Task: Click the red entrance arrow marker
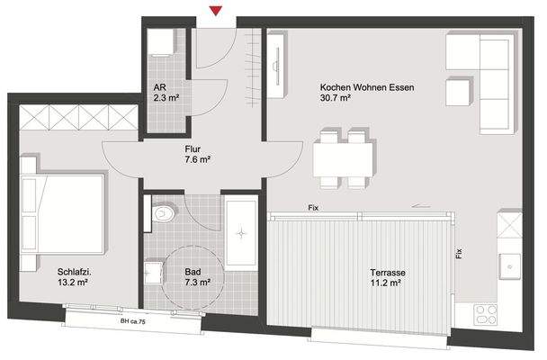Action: click(x=215, y=11)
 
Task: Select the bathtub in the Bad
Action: click(x=241, y=232)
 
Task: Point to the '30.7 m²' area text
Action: click(x=335, y=100)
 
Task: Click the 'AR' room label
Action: click(x=158, y=87)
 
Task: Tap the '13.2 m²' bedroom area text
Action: click(x=72, y=282)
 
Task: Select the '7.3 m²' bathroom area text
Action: click(x=198, y=282)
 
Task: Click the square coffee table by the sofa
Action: click(x=460, y=90)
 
